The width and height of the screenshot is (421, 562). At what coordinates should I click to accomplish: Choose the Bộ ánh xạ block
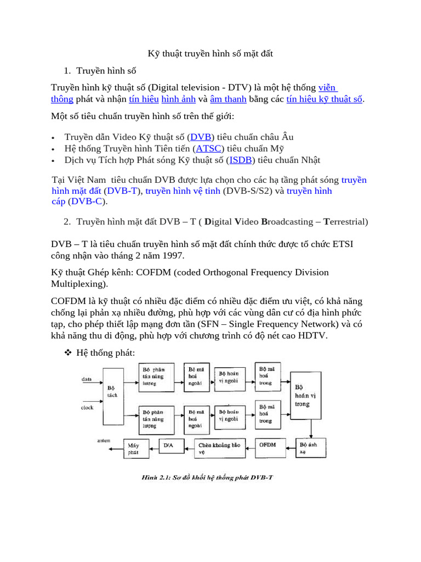click(x=309, y=447)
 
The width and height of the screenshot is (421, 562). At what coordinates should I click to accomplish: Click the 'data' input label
click(x=87, y=379)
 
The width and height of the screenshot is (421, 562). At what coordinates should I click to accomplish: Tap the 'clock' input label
click(x=87, y=407)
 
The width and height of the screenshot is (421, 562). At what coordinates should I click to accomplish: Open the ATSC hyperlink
click(x=207, y=148)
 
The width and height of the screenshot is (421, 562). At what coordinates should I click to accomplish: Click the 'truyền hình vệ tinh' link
click(x=179, y=190)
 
